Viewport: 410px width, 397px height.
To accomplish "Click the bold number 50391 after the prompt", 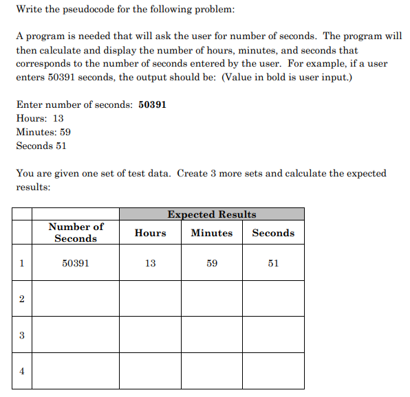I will pos(152,104).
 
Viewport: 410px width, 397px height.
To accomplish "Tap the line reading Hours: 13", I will pos(40,118).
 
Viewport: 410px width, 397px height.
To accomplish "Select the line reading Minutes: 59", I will pos(43,132).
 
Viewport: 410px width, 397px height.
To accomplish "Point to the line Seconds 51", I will pos(41,146).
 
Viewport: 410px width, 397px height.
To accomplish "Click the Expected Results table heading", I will pos(211,214).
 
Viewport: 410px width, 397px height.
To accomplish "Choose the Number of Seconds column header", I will pos(76,232).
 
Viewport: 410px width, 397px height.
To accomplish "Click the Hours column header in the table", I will pos(150,233).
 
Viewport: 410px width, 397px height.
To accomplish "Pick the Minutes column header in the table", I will pos(211,233).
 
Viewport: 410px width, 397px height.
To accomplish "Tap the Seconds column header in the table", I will pos(273,233).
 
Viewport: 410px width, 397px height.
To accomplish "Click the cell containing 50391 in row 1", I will pos(76,263).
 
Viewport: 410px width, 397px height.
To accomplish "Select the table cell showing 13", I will pos(150,263).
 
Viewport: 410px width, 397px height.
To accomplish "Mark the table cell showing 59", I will pos(211,263).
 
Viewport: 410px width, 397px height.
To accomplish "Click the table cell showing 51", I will pos(273,263).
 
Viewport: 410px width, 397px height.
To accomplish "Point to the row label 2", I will pos(21,299).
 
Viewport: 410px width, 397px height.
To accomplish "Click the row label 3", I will pos(21,335).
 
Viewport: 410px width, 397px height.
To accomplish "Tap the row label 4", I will pos(21,371).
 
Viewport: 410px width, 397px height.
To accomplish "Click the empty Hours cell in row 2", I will pos(150,299).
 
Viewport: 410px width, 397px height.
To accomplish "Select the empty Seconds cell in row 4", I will pos(273,371).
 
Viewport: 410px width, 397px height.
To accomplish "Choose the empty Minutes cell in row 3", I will pos(211,335).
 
